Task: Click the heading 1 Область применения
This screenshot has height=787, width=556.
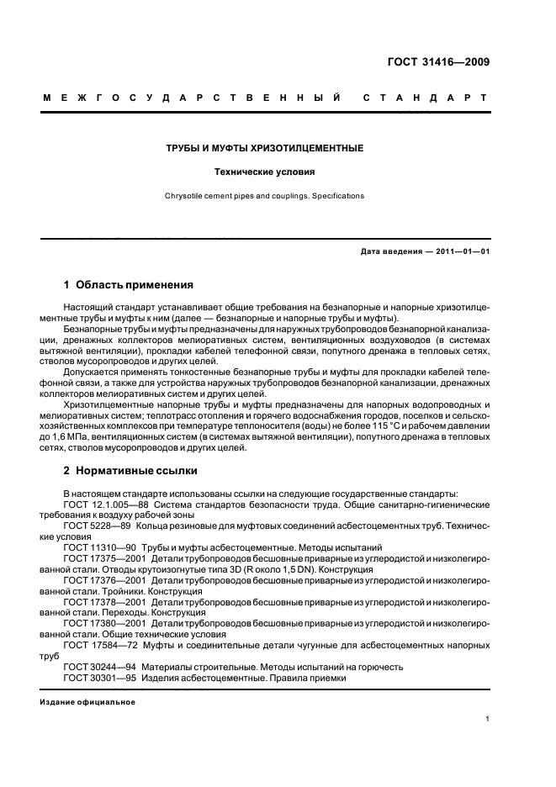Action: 129,285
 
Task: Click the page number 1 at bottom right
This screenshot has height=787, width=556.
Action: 487,719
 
